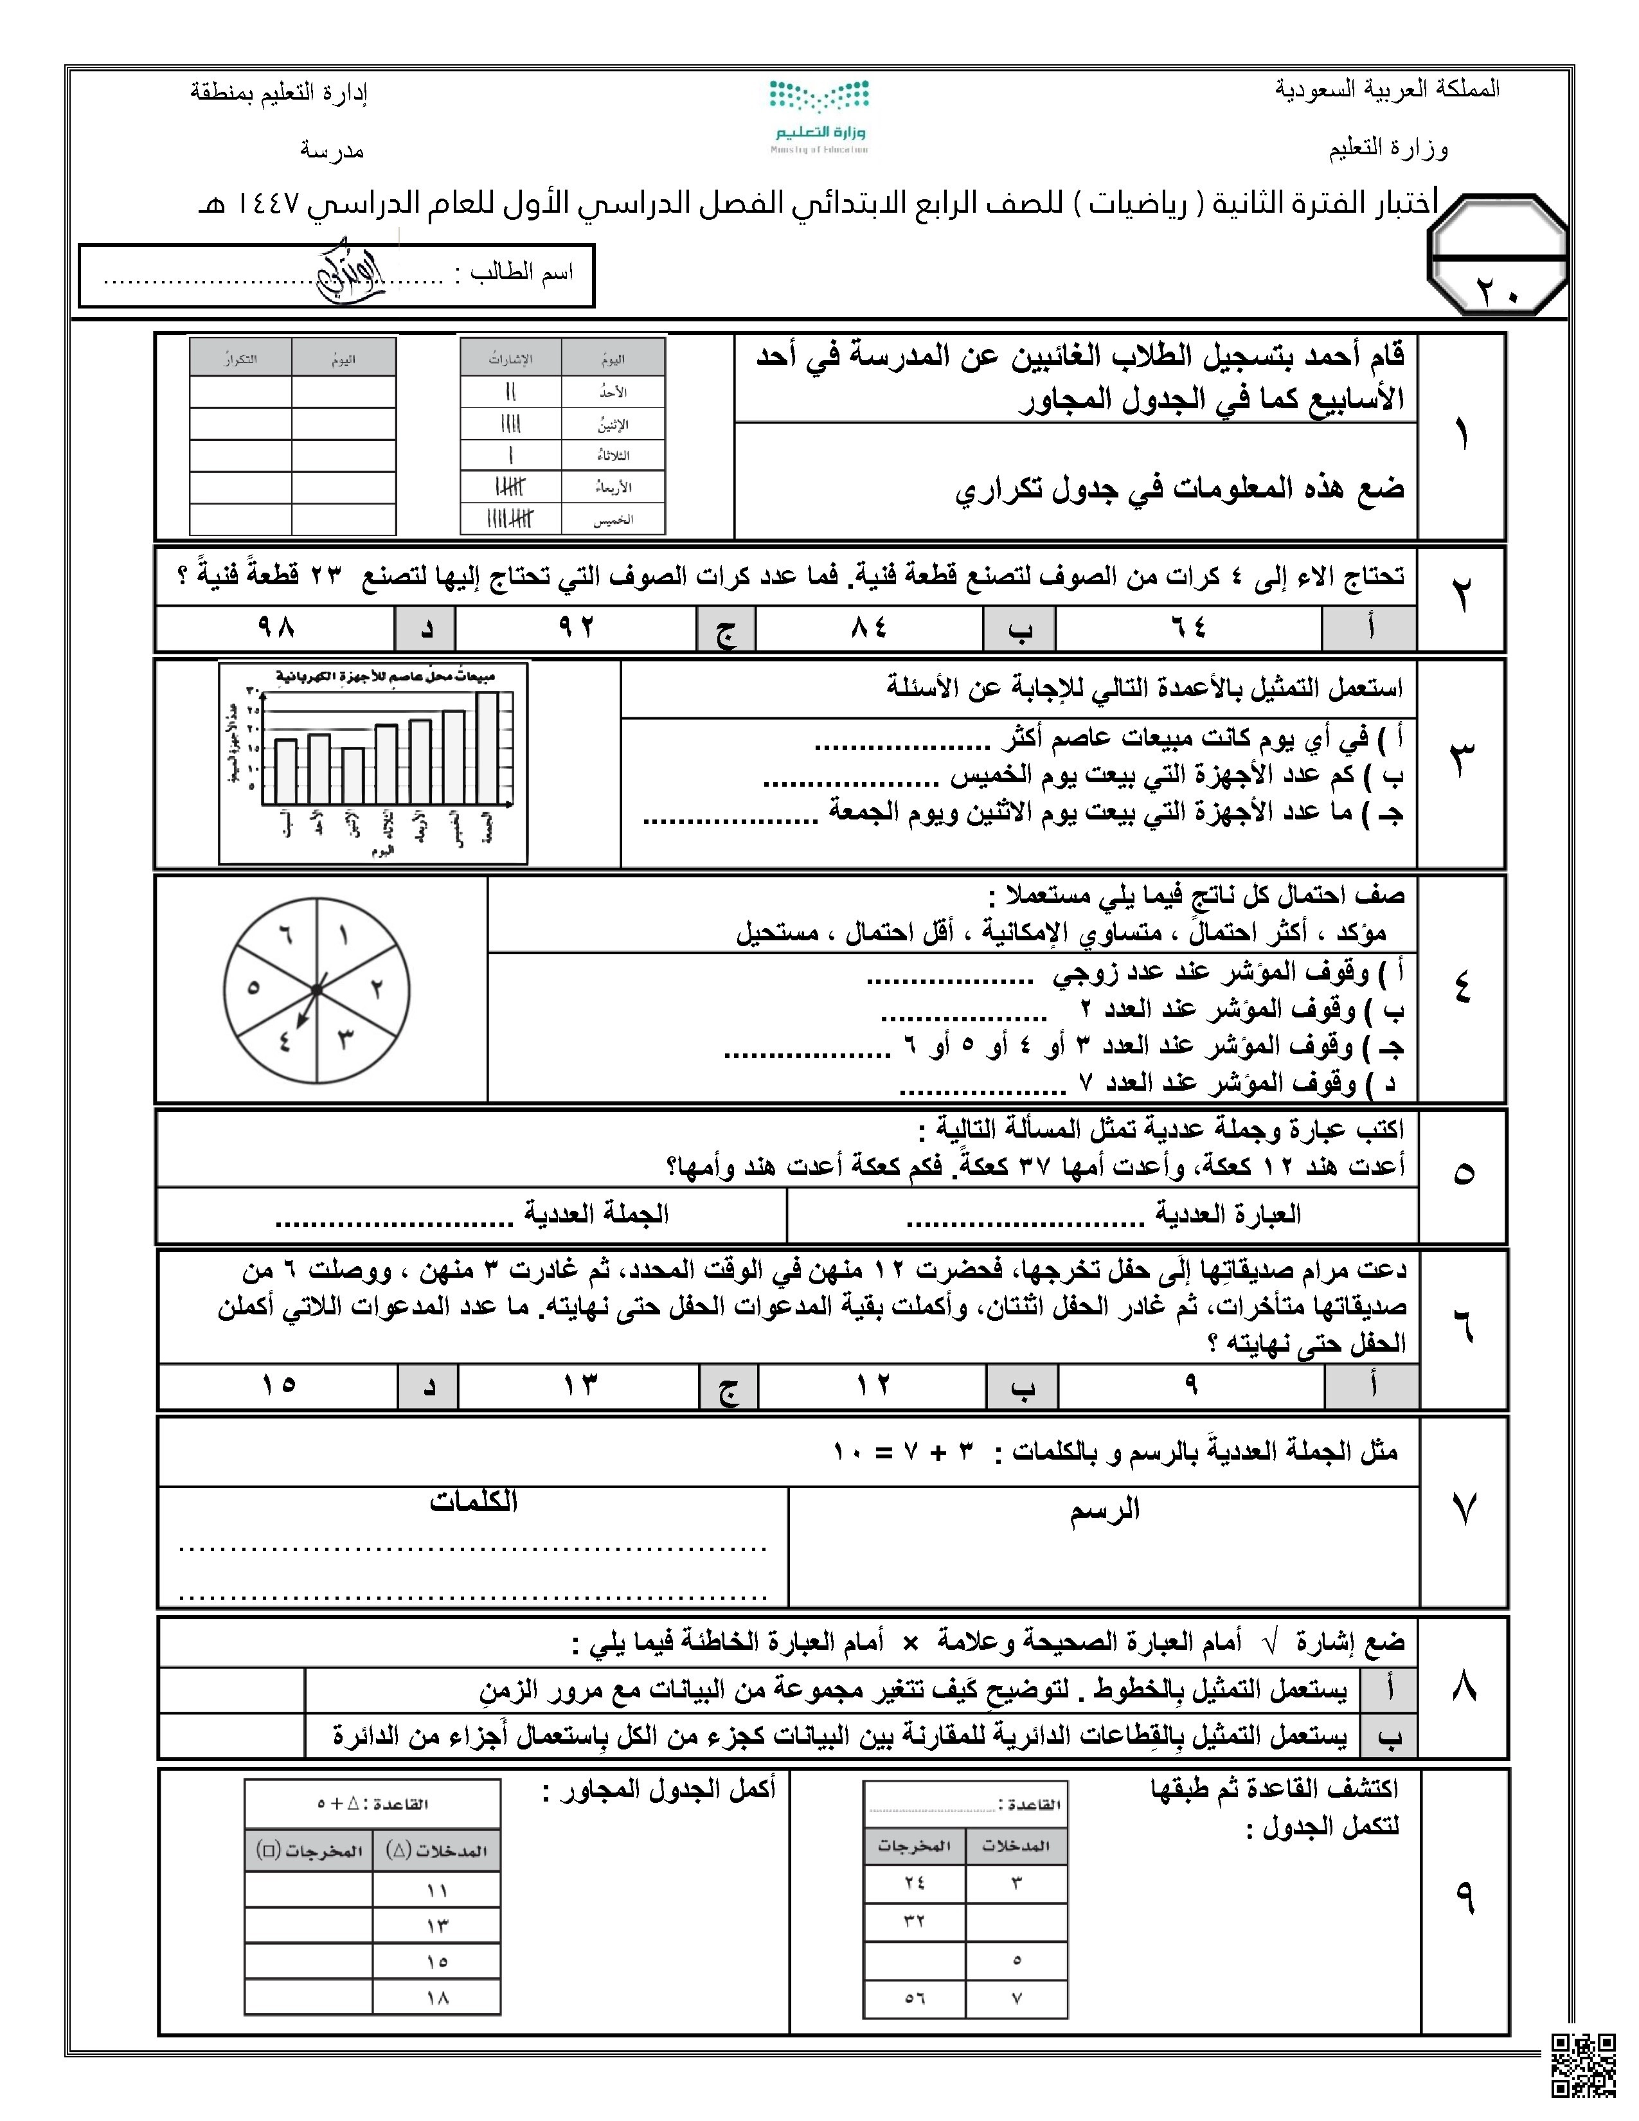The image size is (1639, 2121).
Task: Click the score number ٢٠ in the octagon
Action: coord(1498,289)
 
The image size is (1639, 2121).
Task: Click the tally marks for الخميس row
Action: coord(511,519)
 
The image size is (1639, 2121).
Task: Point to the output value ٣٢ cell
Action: coord(914,1921)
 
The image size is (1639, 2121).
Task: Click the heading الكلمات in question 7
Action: coord(473,1503)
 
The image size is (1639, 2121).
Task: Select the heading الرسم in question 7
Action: coord(1104,1510)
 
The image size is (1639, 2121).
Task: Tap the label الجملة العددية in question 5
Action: coord(596,1214)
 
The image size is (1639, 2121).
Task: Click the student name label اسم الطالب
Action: coord(521,273)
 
